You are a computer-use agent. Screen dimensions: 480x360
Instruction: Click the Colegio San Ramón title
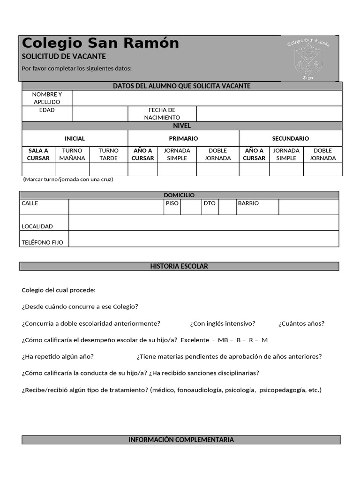point(100,43)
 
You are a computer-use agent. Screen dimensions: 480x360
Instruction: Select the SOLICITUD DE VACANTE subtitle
point(64,56)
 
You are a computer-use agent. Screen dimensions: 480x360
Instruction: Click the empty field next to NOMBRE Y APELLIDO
point(207,98)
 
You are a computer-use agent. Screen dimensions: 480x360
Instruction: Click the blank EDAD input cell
point(100,113)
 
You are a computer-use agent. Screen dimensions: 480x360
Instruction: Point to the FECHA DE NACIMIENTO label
point(162,113)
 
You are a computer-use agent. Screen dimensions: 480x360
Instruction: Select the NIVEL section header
point(182,126)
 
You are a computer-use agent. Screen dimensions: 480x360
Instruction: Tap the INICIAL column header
point(75,138)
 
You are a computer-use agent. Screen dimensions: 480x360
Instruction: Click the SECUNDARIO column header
point(291,138)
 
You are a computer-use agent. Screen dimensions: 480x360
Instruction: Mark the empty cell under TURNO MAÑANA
point(72,169)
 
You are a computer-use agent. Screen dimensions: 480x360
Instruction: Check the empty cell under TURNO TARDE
point(109,169)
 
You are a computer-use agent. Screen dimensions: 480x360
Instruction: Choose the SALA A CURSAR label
point(38,154)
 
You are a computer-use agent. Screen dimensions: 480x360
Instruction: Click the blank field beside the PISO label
point(191,207)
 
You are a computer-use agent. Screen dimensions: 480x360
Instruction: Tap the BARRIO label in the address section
point(248,203)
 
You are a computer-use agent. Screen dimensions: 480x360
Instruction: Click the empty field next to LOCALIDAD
point(203,223)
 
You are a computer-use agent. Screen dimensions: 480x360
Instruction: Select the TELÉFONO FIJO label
point(42,242)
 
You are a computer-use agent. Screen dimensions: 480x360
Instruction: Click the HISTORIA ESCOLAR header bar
point(179,266)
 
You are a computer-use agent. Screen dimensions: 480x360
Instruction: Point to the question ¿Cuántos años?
point(301,323)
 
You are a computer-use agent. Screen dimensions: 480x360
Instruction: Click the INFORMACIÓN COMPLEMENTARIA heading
point(181,440)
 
